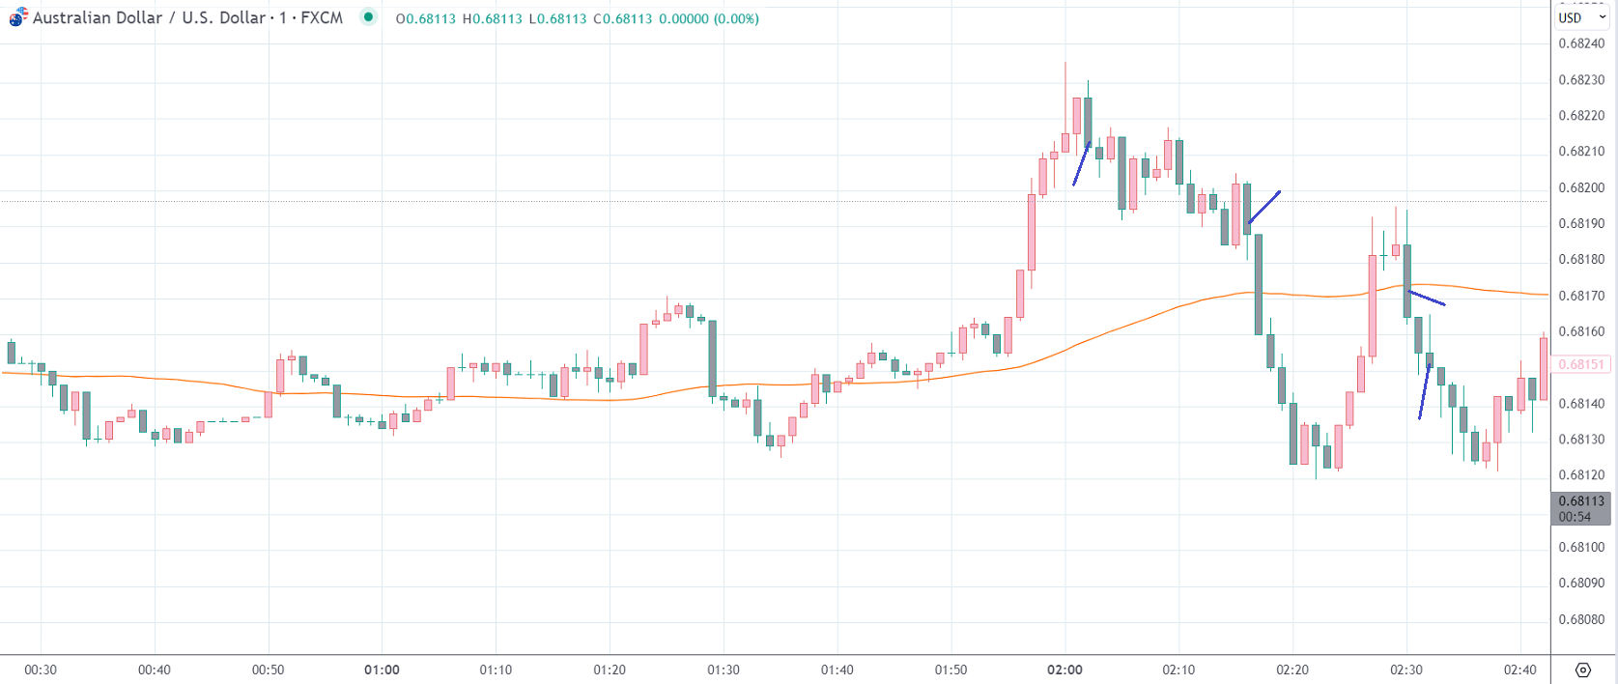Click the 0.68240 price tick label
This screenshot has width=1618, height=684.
(1581, 43)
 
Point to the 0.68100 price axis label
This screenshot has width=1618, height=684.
(1581, 547)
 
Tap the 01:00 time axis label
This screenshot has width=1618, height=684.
(382, 670)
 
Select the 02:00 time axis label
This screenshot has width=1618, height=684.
(1064, 670)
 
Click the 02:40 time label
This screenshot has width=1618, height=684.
(1519, 670)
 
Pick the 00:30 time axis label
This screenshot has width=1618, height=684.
(41, 670)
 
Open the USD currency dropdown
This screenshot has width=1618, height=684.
(1581, 17)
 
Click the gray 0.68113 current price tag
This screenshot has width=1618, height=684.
(1580, 508)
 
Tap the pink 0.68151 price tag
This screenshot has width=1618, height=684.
(1580, 365)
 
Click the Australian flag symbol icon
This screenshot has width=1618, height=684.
(18, 17)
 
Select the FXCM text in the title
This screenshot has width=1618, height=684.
(322, 18)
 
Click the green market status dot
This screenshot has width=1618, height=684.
(368, 17)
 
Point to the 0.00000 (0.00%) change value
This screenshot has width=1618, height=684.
(708, 18)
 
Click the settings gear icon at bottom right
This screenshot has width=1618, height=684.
(1582, 670)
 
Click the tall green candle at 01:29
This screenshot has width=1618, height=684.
(712, 357)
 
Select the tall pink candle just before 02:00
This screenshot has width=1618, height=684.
(1032, 232)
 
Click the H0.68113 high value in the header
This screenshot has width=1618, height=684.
(492, 18)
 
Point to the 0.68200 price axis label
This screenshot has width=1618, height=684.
(1581, 187)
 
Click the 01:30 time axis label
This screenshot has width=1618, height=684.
(724, 670)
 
